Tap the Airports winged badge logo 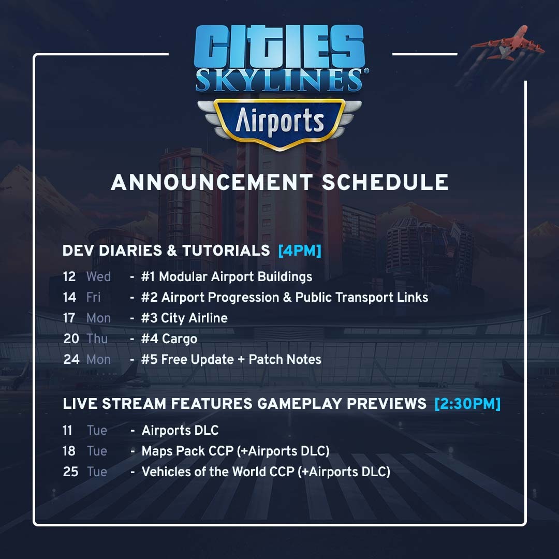(279, 124)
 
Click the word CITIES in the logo (279, 46)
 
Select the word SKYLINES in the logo (279, 80)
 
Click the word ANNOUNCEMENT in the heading (212, 182)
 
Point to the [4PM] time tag (300, 251)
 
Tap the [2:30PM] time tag (467, 404)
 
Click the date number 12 (69, 276)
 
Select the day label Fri (93, 297)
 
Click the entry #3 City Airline (184, 318)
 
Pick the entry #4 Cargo (169, 339)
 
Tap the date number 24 (71, 359)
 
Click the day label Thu (97, 339)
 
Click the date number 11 (67, 430)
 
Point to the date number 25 (70, 472)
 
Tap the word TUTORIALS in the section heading (226, 251)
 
